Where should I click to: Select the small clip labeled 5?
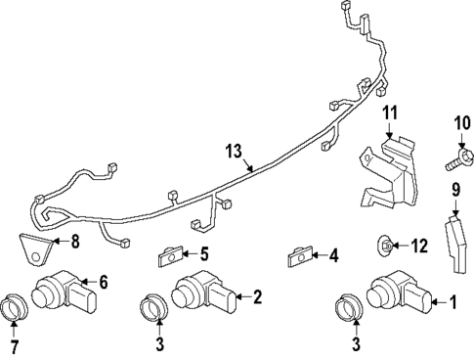[x=170, y=257]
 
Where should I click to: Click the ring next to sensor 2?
[x=155, y=308]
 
